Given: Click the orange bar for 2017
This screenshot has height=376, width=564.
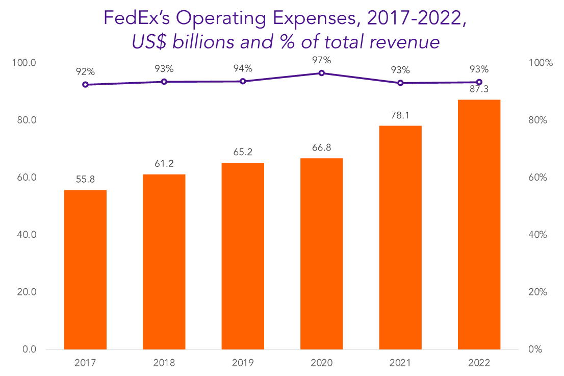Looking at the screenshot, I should pos(85,269).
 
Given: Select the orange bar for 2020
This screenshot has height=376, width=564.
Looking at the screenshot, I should pos(321,254).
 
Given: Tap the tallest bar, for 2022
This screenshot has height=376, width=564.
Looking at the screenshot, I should pos(479,224).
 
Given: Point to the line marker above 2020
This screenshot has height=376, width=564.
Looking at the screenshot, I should pos(321,73).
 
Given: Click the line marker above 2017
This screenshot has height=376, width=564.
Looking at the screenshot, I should pos(85,85).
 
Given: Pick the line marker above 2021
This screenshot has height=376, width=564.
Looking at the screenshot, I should pos(400,83).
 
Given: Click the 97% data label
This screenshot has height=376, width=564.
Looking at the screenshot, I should pos(321,60).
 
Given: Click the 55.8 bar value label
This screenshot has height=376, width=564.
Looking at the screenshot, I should pos(85,179).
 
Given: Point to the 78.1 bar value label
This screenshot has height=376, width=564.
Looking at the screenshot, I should pos(400,115).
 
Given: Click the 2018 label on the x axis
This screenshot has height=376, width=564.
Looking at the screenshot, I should pos(164,363).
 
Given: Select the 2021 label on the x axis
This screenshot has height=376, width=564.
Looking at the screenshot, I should pos(400,363).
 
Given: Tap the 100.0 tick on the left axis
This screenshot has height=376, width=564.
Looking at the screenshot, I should pos(25,63).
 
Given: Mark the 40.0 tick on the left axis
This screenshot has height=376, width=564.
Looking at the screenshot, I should pos(27,235).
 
